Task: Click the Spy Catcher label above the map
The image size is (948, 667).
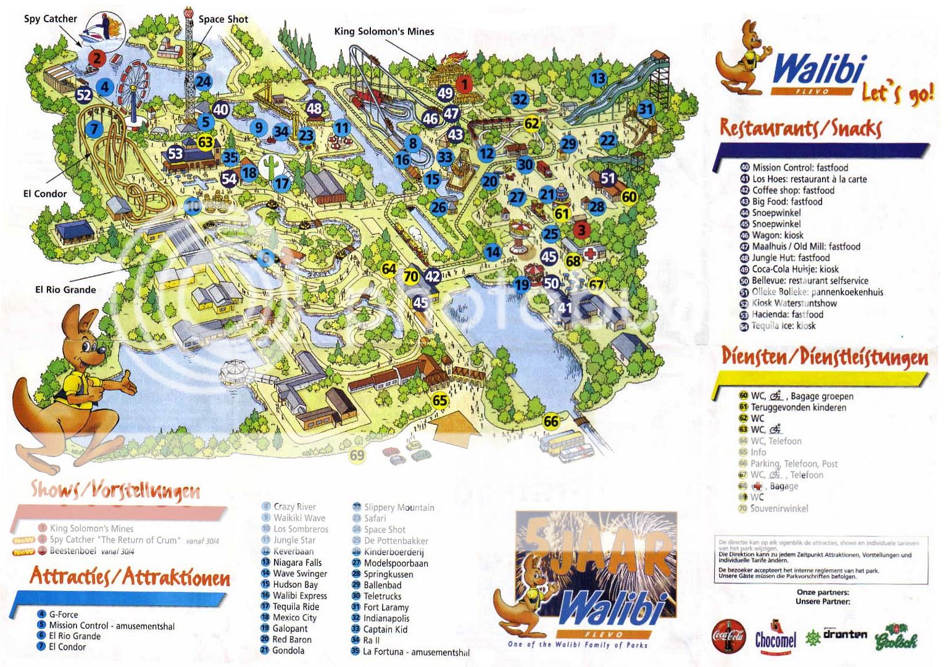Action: click(51, 19)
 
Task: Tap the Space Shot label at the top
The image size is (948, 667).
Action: click(223, 19)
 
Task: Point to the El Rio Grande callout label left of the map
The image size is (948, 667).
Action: click(65, 290)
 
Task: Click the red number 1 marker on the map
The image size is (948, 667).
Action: click(464, 84)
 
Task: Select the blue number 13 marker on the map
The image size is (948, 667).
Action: click(597, 78)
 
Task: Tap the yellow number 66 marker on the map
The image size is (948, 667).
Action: click(551, 422)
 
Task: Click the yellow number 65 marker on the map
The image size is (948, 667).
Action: click(439, 400)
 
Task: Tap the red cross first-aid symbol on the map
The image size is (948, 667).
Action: click(591, 253)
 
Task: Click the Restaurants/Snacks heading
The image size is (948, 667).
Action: click(800, 128)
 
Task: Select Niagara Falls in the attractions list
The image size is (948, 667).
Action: click(297, 563)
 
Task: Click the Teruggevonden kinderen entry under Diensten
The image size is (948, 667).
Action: click(798, 408)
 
